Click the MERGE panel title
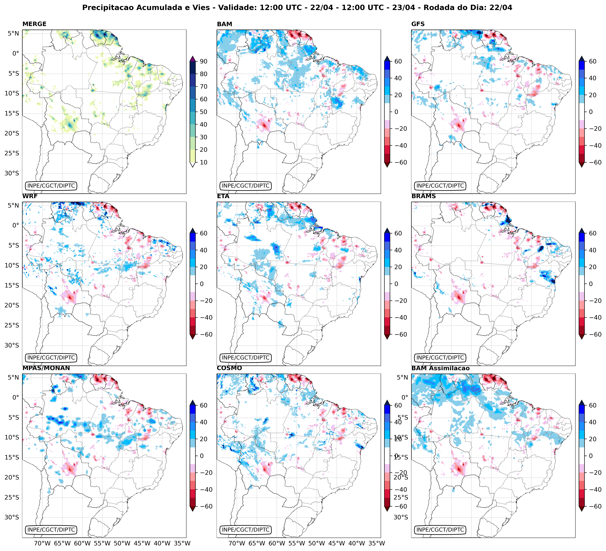click(x=34, y=24)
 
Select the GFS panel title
click(x=418, y=24)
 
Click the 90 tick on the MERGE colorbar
click(x=204, y=61)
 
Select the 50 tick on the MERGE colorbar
click(x=204, y=112)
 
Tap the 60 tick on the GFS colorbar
click(x=592, y=61)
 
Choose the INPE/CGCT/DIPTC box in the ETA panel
click(x=246, y=358)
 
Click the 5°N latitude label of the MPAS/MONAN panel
click(x=13, y=377)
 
